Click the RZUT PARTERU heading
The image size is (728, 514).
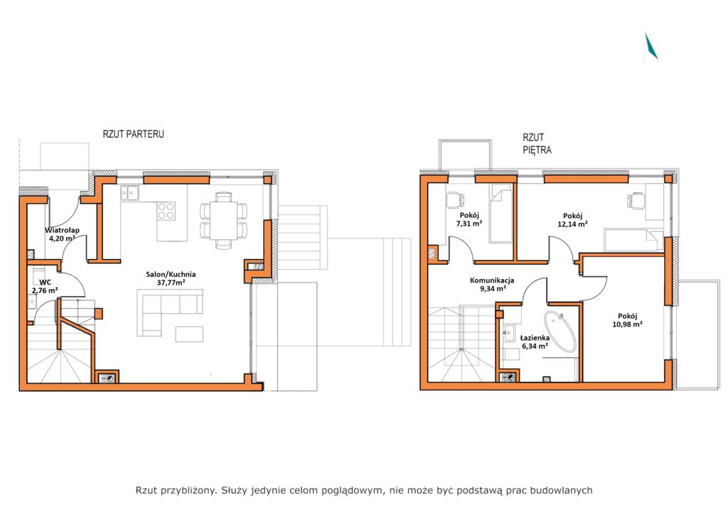click(x=133, y=134)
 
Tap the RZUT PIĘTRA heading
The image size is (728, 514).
click(x=537, y=143)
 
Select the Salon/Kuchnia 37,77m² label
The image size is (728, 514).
click(x=171, y=278)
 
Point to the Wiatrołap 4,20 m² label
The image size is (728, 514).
click(x=63, y=234)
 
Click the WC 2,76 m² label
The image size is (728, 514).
click(x=45, y=286)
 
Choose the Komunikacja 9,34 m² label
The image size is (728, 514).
click(x=492, y=284)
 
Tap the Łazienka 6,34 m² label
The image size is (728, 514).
click(x=535, y=341)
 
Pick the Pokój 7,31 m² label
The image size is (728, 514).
click(x=469, y=219)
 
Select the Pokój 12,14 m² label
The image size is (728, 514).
click(x=572, y=219)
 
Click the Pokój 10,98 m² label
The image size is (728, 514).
click(x=627, y=320)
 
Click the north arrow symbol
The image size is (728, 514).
click(x=651, y=47)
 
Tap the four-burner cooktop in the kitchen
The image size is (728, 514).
click(x=166, y=211)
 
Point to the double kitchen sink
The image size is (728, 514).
click(x=129, y=192)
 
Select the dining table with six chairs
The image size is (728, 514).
click(x=224, y=221)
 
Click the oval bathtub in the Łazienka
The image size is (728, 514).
click(x=560, y=332)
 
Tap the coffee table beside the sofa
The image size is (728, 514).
click(x=189, y=334)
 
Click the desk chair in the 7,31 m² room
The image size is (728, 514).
click(x=454, y=200)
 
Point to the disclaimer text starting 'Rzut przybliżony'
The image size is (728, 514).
click(x=364, y=491)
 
